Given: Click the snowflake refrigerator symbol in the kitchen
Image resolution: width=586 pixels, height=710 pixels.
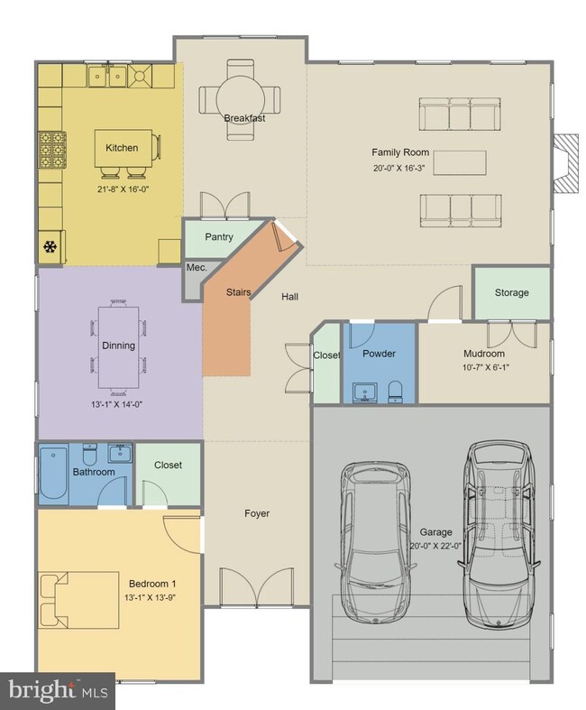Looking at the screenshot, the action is (x=50, y=247).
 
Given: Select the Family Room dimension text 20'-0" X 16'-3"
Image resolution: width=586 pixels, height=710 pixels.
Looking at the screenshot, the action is (x=398, y=168).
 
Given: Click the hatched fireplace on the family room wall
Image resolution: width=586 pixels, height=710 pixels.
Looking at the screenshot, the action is (x=566, y=163).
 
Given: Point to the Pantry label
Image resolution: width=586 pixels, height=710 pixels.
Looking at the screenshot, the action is (x=219, y=237).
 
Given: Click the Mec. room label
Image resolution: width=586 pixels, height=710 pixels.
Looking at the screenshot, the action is (x=197, y=268).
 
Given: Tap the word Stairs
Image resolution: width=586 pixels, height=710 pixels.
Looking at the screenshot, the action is (x=239, y=292).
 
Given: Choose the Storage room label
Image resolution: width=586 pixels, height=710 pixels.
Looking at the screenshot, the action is (x=512, y=292).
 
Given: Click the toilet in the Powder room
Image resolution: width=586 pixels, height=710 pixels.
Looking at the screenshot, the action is (x=396, y=392).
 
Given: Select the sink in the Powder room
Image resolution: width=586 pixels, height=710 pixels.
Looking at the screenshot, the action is (x=365, y=393).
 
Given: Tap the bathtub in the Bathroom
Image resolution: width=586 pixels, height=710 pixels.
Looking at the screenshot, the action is (x=53, y=474).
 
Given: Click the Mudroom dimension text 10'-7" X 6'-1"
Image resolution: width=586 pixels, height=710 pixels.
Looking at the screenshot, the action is (x=486, y=367).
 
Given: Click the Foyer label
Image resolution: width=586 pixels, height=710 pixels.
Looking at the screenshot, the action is (x=257, y=513).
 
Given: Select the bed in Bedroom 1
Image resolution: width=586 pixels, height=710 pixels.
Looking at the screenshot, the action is (x=79, y=600).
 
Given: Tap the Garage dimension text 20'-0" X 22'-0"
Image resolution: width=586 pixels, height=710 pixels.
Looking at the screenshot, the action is (x=435, y=546).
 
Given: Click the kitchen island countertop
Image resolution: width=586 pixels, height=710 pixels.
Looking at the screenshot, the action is (x=124, y=148).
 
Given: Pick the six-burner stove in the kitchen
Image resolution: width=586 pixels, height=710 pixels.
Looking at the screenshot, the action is (x=52, y=150).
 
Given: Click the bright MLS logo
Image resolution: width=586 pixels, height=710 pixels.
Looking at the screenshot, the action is (x=58, y=691).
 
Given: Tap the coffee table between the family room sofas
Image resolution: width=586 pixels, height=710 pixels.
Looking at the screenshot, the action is (x=460, y=162).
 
